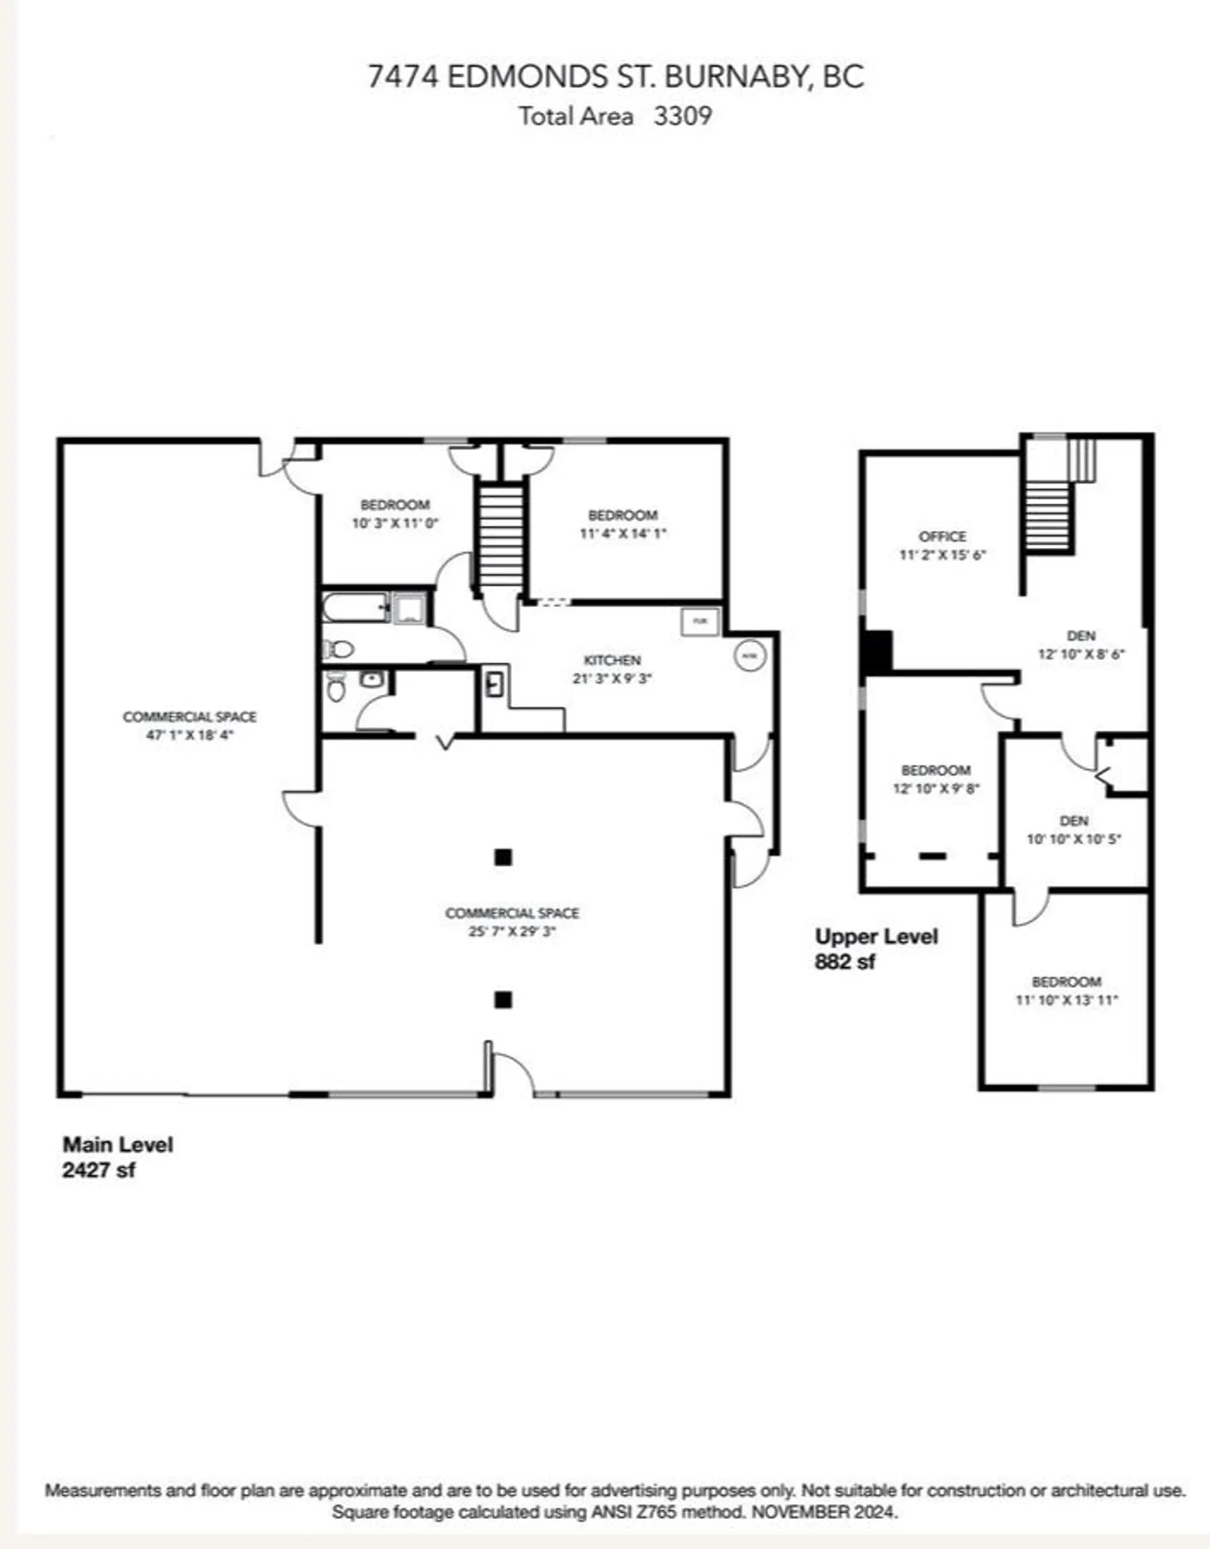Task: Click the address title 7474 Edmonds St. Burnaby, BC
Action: coord(615,77)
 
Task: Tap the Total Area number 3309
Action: coord(682,116)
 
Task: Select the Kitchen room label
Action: coord(612,661)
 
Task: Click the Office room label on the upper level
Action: coord(942,536)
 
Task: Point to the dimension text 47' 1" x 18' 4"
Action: coord(190,735)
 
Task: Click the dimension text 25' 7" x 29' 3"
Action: coord(512,931)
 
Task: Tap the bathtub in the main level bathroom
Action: coord(354,608)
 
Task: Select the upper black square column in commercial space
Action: coord(502,857)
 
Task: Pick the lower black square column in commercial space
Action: coord(502,1000)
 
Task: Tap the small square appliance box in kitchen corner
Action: coord(700,621)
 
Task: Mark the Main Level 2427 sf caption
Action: coord(117,1157)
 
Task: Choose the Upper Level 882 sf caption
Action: coord(876,949)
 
